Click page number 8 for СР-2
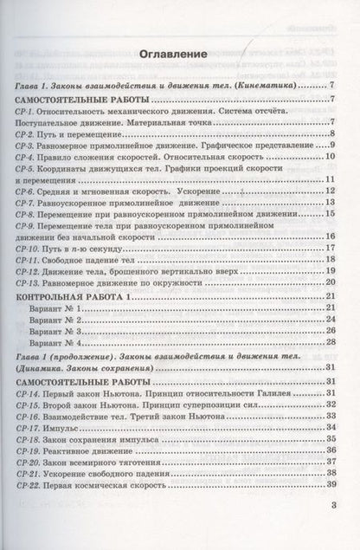pos(332,135)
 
